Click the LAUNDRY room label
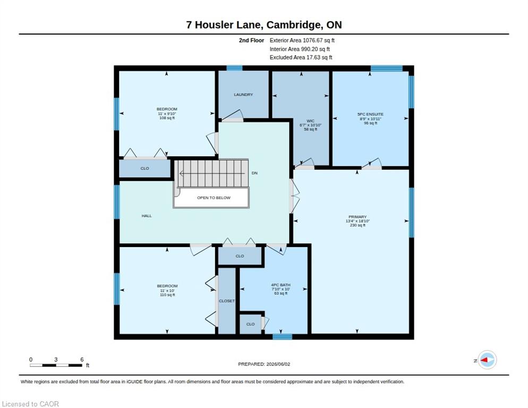pos(243,95)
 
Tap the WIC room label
pos(310,121)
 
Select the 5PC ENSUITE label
pos(370,114)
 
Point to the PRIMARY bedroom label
pos(357,217)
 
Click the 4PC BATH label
pos(280,285)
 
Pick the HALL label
pos(147,216)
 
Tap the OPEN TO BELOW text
pos(214,198)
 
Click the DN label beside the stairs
pos(254,173)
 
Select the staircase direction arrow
pos(212,174)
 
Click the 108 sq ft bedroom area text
pos(167,118)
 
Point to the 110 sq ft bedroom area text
pos(167,295)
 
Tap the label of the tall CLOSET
pos(227,301)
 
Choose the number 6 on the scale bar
pos(82,360)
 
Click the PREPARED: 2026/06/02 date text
pos(264,364)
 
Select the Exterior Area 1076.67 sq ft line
pos(302,40)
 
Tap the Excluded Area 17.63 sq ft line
pos(301,57)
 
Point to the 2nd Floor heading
pos(252,40)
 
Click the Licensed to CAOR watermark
pos(30,404)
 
